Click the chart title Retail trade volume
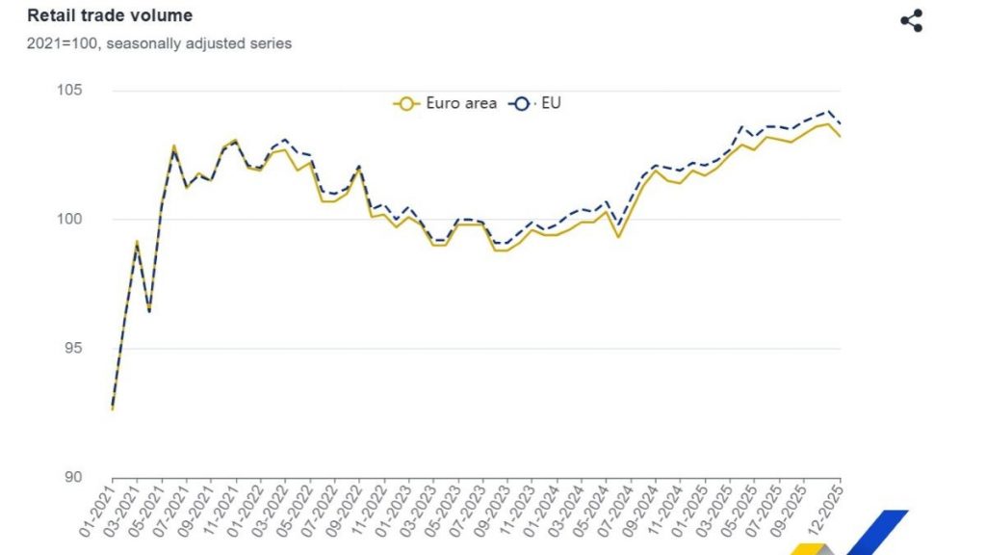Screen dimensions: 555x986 point(109,15)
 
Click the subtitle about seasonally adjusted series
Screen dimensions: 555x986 point(159,43)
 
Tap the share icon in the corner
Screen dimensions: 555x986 point(911,20)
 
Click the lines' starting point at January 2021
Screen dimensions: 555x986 point(113,410)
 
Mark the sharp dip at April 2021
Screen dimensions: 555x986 point(149,311)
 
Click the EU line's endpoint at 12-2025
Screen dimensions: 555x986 point(841,123)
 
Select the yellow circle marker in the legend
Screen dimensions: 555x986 point(406,103)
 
